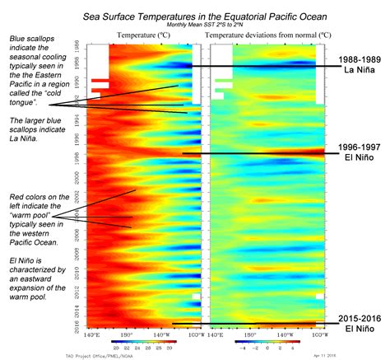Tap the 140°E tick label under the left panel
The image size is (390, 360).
(x=92, y=334)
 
